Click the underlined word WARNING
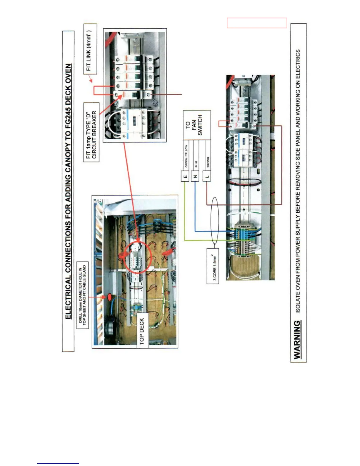[x=298, y=340]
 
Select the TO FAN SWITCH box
[x=197, y=125]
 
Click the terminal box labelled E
[x=185, y=177]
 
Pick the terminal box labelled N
[x=195, y=177]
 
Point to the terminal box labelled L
[x=207, y=177]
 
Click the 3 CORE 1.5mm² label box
[x=213, y=266]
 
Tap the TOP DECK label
[x=143, y=330]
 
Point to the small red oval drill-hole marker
[x=109, y=297]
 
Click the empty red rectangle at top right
[x=257, y=23]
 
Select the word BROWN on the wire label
[x=208, y=162]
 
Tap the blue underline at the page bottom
[x=58, y=463]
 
